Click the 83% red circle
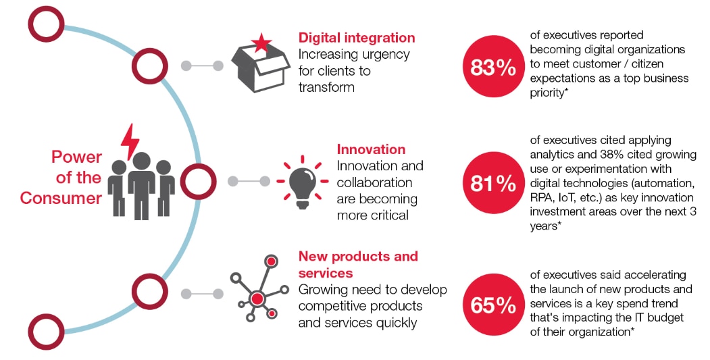coord(493,67)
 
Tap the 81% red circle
coord(493,183)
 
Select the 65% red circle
coord(493,305)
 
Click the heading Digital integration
coord(357,38)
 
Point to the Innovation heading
coord(371,149)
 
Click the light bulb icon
coord(302,182)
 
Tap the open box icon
coord(260,69)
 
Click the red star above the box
coord(261,43)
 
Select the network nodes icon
coord(258,289)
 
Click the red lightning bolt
coord(130,142)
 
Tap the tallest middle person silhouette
coord(142,186)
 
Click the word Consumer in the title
coord(61,198)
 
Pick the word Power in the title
coord(76,157)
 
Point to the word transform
coord(326,87)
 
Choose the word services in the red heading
coord(326,273)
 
